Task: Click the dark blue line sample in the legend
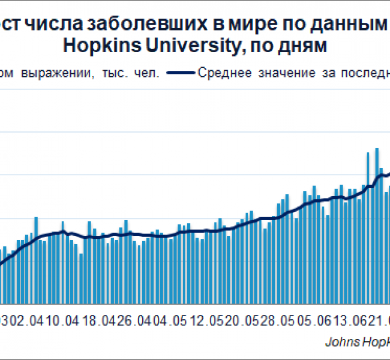(181, 73)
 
